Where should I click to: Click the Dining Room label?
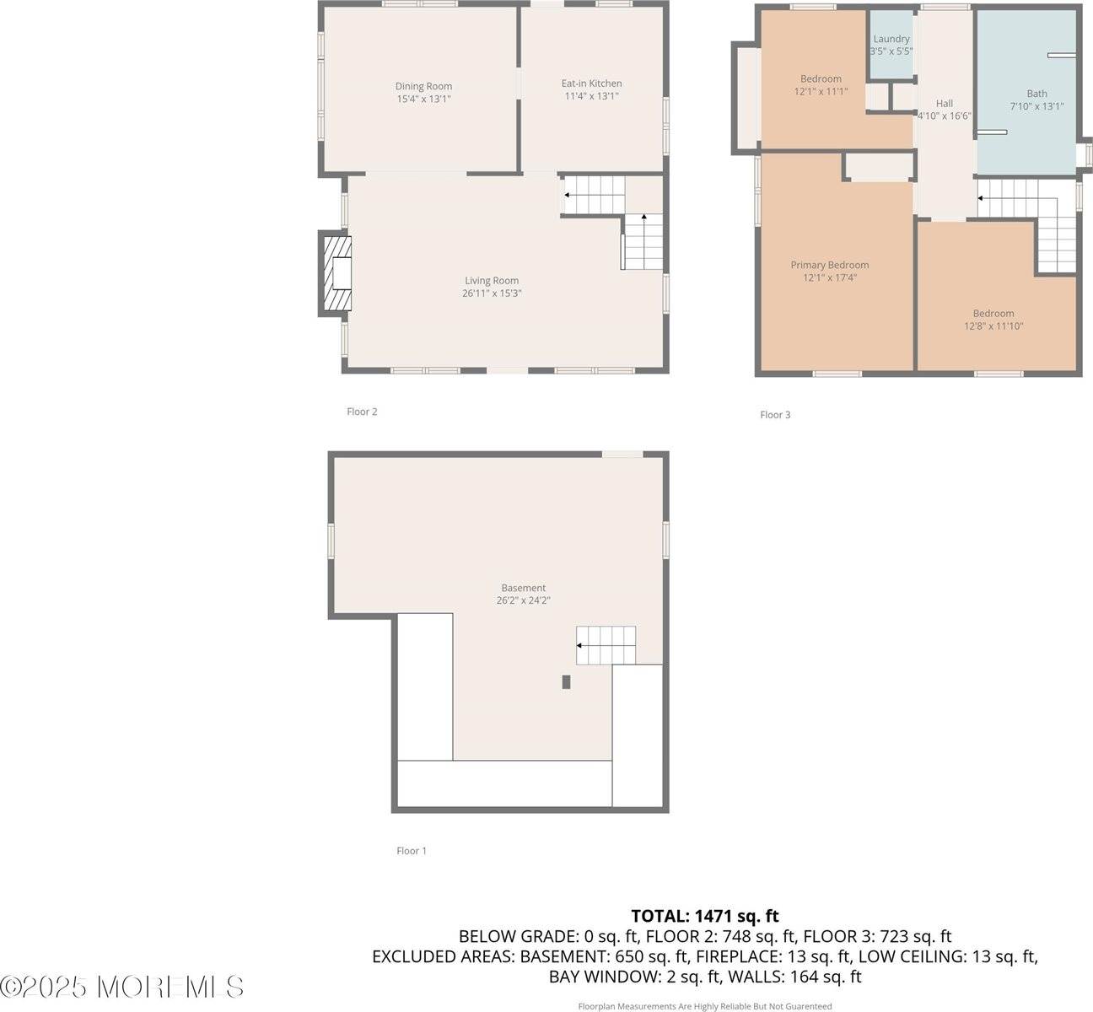point(423,86)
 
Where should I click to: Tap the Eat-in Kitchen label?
point(591,83)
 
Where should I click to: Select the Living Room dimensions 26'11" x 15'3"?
point(492,293)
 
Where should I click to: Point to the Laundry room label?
point(891,39)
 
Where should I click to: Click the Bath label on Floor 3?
point(1036,94)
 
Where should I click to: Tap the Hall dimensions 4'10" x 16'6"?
point(944,116)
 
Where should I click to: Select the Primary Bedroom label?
point(829,265)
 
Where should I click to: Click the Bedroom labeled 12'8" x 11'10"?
point(993,314)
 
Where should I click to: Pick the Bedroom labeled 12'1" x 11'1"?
point(821,79)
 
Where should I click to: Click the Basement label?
point(523,588)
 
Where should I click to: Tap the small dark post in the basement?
point(567,681)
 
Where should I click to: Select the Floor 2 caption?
point(362,412)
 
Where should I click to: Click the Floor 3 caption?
point(775,415)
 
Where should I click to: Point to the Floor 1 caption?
point(412,851)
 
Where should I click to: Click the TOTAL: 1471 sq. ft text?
point(704,916)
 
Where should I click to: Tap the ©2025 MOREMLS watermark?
point(122,987)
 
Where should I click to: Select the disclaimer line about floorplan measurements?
point(704,1006)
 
